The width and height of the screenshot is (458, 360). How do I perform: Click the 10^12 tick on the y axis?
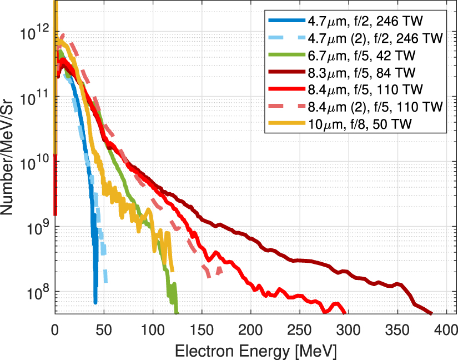[34, 32]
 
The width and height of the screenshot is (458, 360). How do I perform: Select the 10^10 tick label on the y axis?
[34, 162]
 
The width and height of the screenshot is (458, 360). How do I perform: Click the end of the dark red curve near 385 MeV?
[431, 313]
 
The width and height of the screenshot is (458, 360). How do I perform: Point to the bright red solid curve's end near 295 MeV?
[344, 313]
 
